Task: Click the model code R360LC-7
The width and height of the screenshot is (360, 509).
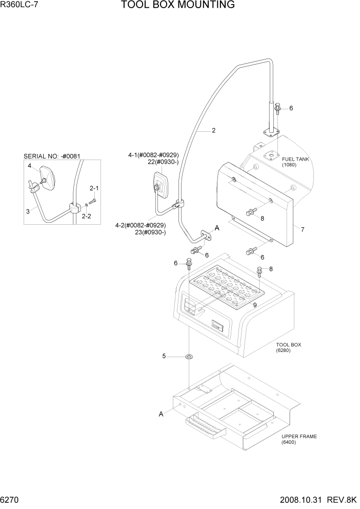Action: point(19,6)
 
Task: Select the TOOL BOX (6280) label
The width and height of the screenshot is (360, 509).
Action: point(289,348)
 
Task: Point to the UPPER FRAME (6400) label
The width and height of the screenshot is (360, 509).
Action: point(299,439)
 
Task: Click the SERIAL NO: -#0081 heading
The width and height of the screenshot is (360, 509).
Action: point(52,156)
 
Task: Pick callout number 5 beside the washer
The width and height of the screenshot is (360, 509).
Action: point(164,356)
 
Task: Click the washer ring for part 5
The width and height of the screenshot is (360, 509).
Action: point(189,356)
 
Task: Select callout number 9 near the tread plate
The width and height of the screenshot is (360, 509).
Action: point(254,305)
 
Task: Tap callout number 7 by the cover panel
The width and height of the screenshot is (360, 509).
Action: point(303,229)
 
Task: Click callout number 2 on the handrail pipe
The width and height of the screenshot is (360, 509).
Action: point(213,130)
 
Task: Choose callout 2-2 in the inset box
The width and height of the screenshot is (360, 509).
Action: point(94,216)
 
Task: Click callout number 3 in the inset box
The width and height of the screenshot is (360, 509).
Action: point(28,211)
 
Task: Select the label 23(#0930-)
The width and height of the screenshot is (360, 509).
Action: point(151,232)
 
